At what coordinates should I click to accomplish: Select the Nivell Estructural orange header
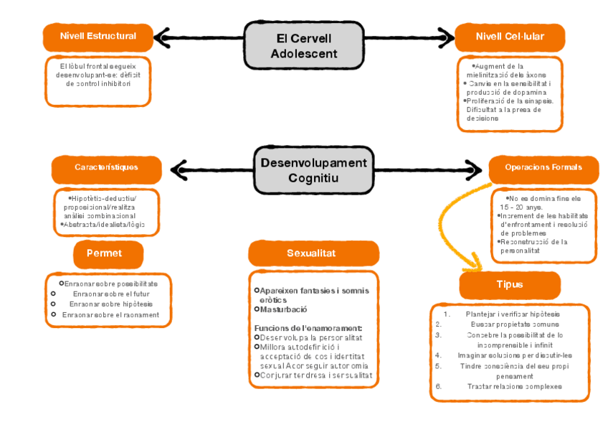click(98, 36)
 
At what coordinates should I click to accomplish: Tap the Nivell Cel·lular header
click(509, 36)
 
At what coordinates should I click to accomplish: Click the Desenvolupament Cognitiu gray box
click(313, 169)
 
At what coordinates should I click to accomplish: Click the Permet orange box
click(108, 253)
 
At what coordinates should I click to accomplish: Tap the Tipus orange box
click(509, 284)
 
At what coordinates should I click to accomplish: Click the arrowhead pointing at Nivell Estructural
click(162, 37)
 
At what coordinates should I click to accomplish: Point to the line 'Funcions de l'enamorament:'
click(308, 328)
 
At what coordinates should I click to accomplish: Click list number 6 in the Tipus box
click(438, 387)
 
